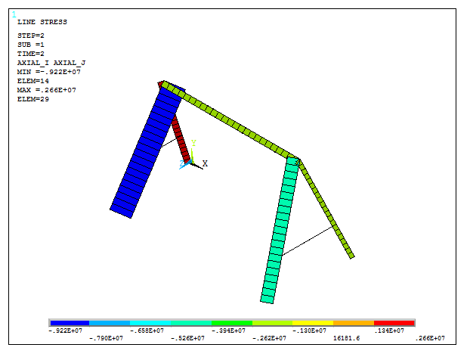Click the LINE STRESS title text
(x=42, y=22)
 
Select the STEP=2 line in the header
(x=30, y=36)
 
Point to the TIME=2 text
(x=30, y=54)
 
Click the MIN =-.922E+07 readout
(x=48, y=72)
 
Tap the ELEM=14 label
(x=32, y=81)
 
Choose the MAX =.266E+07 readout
(x=46, y=90)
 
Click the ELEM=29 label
(x=32, y=99)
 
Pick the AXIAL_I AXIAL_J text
(x=46, y=63)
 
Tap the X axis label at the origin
(x=205, y=163)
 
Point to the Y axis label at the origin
(x=194, y=143)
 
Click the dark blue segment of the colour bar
(x=69, y=323)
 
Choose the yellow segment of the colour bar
(x=313, y=323)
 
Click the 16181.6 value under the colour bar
(x=348, y=338)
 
